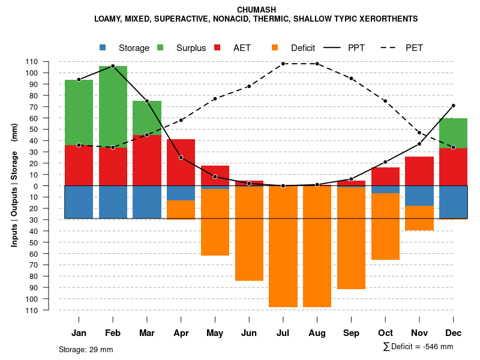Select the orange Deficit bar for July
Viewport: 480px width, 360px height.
tap(283, 246)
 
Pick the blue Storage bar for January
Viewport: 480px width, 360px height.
tap(79, 202)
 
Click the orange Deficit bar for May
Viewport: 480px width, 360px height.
tap(215, 222)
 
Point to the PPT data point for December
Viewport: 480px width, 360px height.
tap(453, 106)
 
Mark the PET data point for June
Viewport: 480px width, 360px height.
tap(249, 86)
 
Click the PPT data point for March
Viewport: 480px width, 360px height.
tap(147, 101)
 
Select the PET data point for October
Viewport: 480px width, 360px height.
tap(385, 101)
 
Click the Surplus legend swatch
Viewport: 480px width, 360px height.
tap(161, 47)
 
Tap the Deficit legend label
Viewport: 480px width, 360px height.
tap(303, 48)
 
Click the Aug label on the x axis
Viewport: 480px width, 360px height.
tap(317, 333)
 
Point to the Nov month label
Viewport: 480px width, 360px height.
tap(419, 333)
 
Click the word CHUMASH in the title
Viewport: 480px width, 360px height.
tap(256, 10)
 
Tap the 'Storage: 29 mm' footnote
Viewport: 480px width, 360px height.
tap(86, 349)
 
